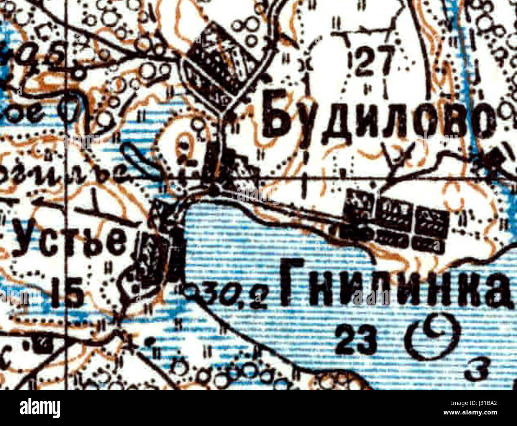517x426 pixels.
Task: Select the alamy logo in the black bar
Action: (x=40, y=408)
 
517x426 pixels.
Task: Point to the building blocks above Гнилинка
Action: (x=396, y=221)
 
